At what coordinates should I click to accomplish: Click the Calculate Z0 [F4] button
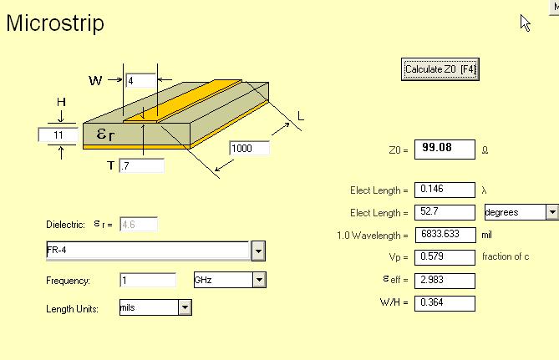coord(440,69)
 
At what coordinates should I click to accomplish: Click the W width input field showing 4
coord(141,80)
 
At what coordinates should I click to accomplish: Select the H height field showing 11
coord(58,135)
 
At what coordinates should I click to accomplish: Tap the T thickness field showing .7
coord(141,165)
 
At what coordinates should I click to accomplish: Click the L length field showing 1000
coord(250,148)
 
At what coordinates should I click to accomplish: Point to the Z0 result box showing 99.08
coord(445,150)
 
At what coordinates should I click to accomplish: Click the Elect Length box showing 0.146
coord(445,190)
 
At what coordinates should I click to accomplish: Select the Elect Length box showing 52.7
coord(445,212)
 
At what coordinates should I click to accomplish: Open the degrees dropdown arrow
coord(551,212)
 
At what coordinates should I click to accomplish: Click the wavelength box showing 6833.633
coord(445,235)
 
